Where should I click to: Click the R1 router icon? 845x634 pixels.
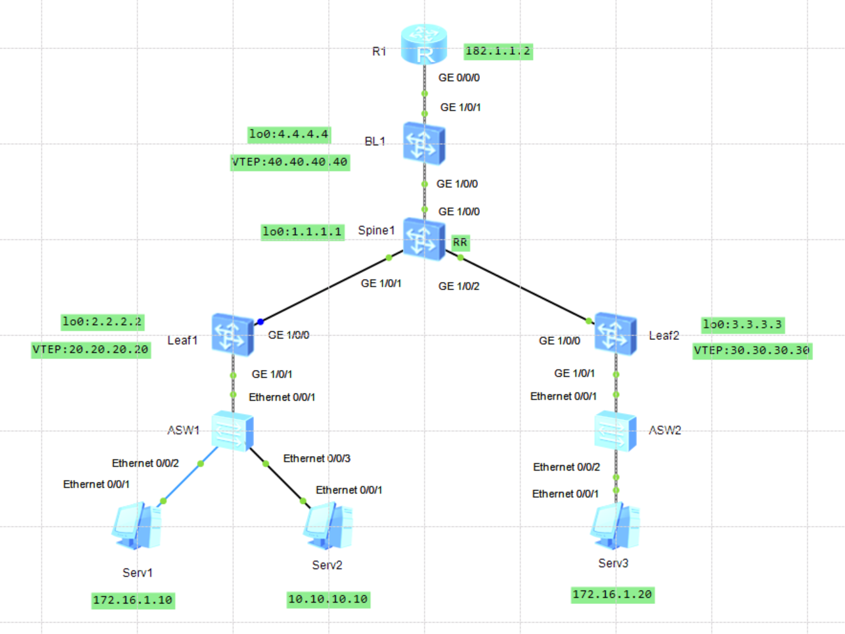pyautogui.click(x=424, y=45)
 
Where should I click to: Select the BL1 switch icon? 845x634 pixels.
pyautogui.click(x=424, y=144)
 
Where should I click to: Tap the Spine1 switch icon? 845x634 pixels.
pyautogui.click(x=424, y=239)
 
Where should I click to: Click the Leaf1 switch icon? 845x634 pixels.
pyautogui.click(x=232, y=334)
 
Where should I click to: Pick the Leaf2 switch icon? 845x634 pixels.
pyautogui.click(x=615, y=334)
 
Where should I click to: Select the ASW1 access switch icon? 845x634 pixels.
pyautogui.click(x=232, y=431)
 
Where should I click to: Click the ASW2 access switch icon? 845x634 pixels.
pyautogui.click(x=615, y=431)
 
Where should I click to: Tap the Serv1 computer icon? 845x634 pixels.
pyautogui.click(x=137, y=526)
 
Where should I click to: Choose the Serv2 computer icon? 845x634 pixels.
pyautogui.click(x=328, y=526)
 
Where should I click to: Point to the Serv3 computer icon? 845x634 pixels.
pyautogui.click(x=615, y=527)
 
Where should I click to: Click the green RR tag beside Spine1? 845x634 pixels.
pyautogui.click(x=460, y=242)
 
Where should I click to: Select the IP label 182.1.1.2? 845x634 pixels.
pyautogui.click(x=498, y=51)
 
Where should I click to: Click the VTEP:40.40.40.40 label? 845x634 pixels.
pyautogui.click(x=290, y=162)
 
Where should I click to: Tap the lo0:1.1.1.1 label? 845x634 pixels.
pyautogui.click(x=302, y=232)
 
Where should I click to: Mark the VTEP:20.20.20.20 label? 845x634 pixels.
pyautogui.click(x=91, y=350)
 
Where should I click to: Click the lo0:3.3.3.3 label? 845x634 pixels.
pyautogui.click(x=742, y=325)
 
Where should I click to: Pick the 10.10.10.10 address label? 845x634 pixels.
pyautogui.click(x=328, y=600)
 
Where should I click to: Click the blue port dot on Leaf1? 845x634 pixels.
pyautogui.click(x=260, y=321)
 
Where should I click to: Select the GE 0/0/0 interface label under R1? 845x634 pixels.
pyautogui.click(x=459, y=78)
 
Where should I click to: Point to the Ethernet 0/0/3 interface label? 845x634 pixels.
pyautogui.click(x=317, y=459)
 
